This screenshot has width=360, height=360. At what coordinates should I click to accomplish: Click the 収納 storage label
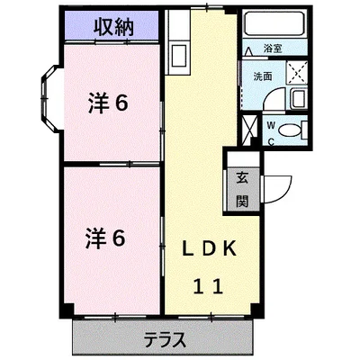coord(112,28)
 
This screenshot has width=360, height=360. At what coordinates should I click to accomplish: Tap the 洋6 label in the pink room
coord(109,104)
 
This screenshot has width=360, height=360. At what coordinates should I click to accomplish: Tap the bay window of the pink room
coord(46,100)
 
